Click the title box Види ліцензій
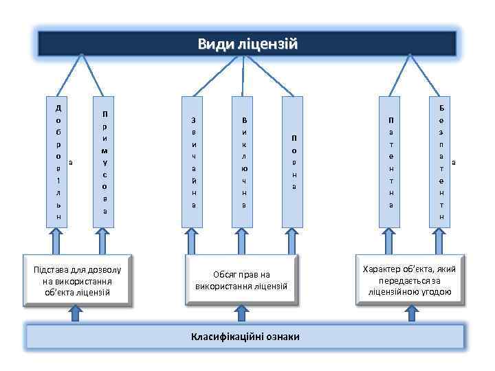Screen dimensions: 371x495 pos(247,44)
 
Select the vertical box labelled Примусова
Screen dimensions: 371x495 pos(104,161)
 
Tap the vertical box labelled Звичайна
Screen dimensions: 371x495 pos(193,161)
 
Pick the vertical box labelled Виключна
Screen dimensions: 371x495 pos(244,161)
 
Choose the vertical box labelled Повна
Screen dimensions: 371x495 pos(294,161)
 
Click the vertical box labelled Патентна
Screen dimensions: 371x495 pos(391,161)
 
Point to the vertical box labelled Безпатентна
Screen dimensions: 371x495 pos(441,161)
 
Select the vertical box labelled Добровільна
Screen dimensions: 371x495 pos(58,161)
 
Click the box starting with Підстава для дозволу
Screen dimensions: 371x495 pos(77,280)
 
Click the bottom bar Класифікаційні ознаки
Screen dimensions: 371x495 pos(247,337)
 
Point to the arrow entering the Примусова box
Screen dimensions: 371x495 pos(104,240)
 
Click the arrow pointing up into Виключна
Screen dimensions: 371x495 pos(244,240)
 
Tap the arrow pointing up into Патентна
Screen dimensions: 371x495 pos(391,240)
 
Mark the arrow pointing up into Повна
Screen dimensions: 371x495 pos(294,240)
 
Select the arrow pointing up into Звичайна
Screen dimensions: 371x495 pos(193,240)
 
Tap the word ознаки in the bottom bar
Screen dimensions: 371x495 pos(283,337)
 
